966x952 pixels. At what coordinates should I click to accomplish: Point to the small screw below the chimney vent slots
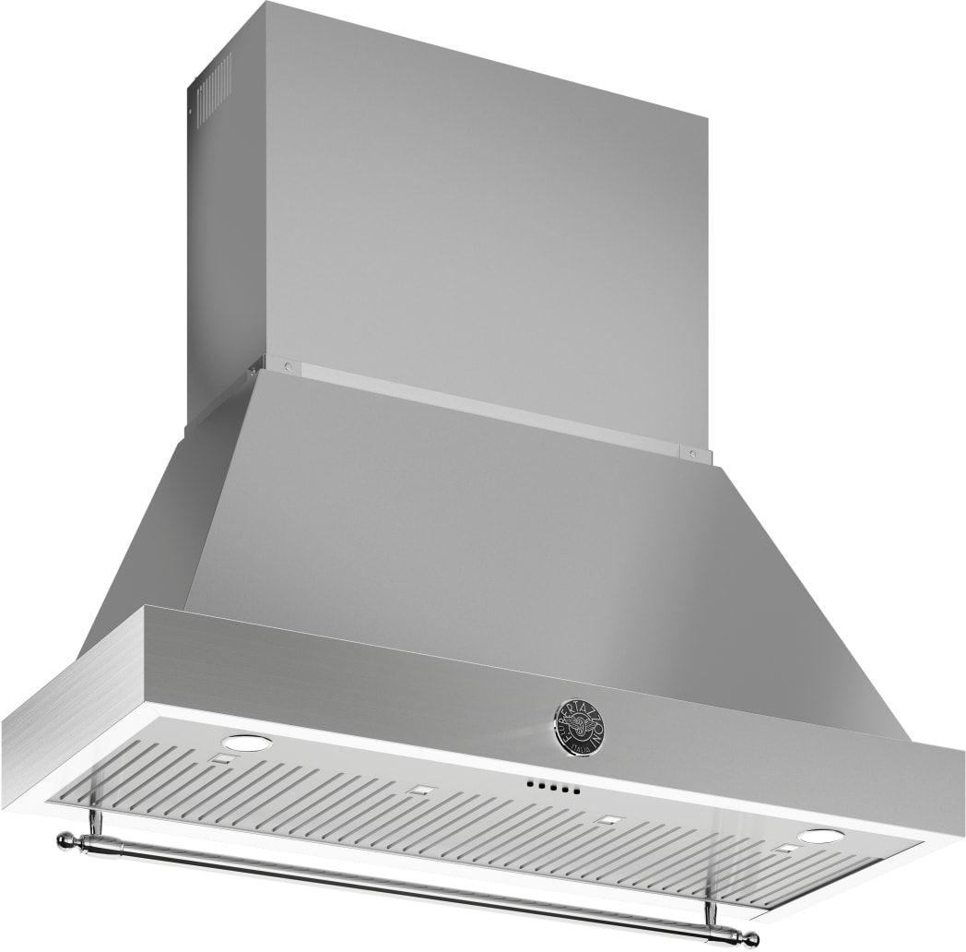point(191,118)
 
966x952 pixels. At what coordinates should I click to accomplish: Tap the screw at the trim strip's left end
point(288,366)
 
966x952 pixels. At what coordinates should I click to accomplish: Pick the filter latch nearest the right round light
point(785,846)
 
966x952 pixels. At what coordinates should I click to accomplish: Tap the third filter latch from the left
point(607,819)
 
